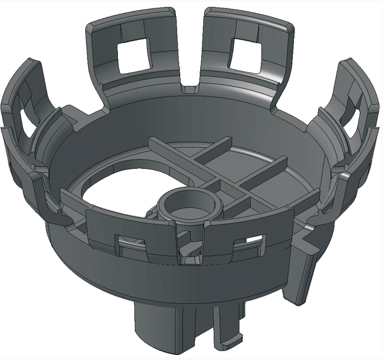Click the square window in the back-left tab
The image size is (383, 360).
[133, 56]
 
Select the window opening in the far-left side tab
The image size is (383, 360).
[25, 118]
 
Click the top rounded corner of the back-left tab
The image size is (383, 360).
[91, 26]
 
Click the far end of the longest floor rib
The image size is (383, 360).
[153, 142]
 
